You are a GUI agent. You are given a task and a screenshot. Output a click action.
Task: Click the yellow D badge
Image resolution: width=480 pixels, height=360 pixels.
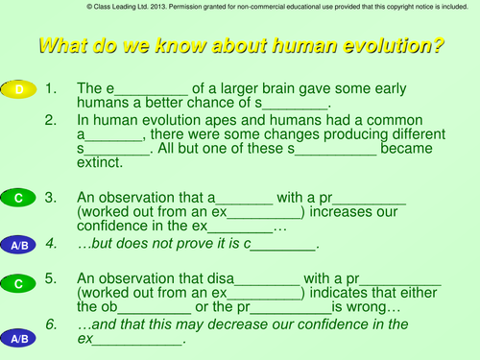[18, 89]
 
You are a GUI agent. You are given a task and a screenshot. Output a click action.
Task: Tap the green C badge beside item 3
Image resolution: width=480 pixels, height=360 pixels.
[18, 198]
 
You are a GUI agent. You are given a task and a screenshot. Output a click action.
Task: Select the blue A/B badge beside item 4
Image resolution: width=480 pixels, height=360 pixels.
[18, 245]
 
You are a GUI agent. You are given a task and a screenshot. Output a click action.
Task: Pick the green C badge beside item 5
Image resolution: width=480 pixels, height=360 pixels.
[18, 283]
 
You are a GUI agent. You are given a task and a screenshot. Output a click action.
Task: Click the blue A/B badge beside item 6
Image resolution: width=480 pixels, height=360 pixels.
[18, 339]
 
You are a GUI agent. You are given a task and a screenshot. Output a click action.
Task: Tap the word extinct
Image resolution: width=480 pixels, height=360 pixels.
[102, 165]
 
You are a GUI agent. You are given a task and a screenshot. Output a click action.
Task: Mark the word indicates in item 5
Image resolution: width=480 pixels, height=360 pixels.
[341, 293]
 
